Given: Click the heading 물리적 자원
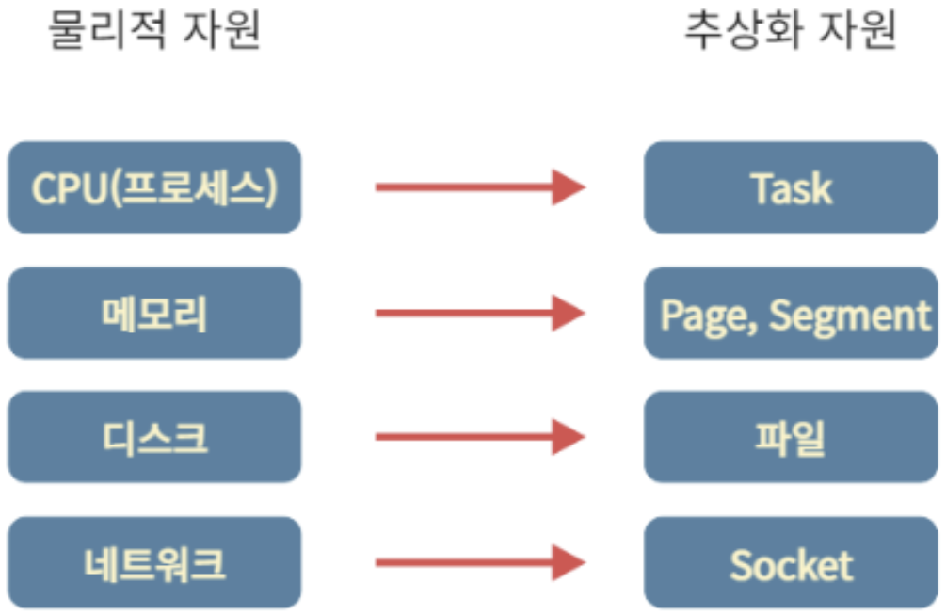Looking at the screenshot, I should tap(154, 31).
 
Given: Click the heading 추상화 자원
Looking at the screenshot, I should tap(790, 31).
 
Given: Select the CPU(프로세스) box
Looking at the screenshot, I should tap(154, 187).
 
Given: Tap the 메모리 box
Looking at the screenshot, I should tap(154, 313).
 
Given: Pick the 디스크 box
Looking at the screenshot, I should tap(154, 438).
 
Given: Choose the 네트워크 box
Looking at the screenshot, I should tap(154, 563).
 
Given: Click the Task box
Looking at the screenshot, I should tap(791, 187).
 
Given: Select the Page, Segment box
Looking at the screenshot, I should tap(791, 313).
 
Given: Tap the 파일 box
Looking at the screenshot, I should tap(791, 438).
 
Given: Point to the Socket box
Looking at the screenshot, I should tap(791, 563).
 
